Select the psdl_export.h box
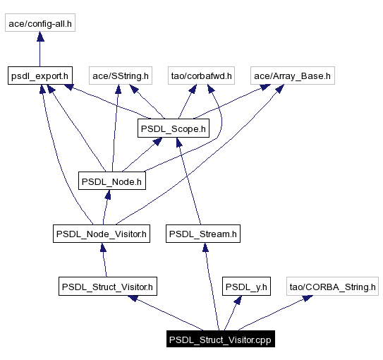coord(40,75)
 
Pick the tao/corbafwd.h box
coord(202,75)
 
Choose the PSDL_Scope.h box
coord(174,128)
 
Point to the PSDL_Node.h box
coord(112,181)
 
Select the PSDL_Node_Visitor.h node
coord(102,234)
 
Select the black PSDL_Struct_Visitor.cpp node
coord(220,340)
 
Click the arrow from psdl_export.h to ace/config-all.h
coord(40,49)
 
